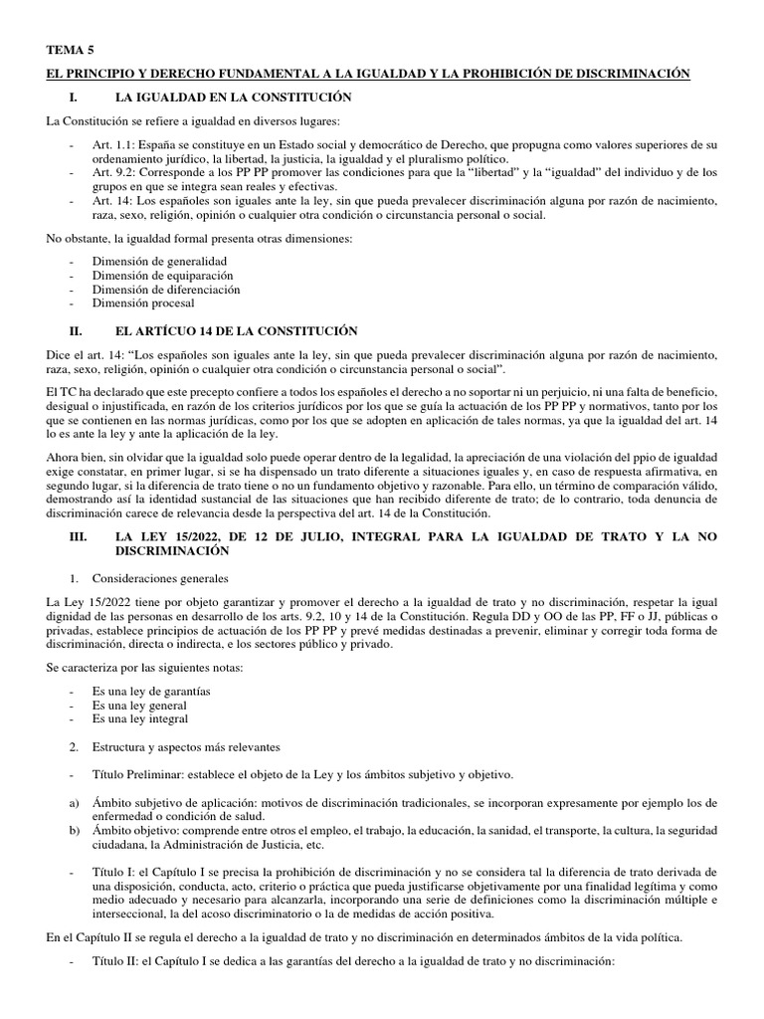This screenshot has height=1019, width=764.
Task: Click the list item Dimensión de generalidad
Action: point(152,261)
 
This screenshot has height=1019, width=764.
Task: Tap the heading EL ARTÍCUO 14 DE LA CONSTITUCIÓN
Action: point(237,330)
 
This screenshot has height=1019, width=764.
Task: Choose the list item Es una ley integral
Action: point(140,718)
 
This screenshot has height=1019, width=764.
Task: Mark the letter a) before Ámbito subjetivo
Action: point(72,803)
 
